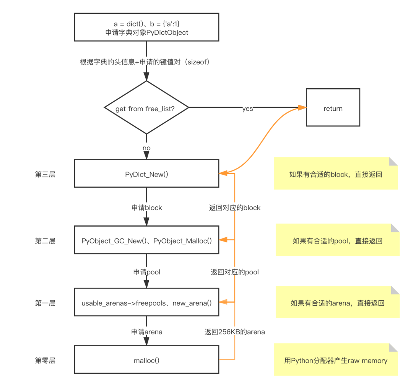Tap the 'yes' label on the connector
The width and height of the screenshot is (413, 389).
click(x=247, y=109)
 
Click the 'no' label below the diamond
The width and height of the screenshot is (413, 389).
click(x=146, y=148)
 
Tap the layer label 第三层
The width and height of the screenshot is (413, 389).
click(x=45, y=174)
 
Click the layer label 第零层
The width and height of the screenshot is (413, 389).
click(x=45, y=360)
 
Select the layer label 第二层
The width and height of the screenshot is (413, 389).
click(x=45, y=241)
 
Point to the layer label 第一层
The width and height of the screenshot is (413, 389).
click(x=45, y=303)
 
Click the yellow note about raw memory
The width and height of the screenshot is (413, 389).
click(x=336, y=359)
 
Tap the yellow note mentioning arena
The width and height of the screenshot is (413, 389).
click(x=337, y=302)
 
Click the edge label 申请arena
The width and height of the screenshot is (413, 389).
click(x=147, y=332)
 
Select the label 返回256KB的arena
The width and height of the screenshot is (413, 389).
click(x=235, y=332)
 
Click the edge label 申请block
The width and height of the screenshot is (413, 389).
click(x=147, y=207)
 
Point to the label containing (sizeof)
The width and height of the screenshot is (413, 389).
click(x=145, y=62)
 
